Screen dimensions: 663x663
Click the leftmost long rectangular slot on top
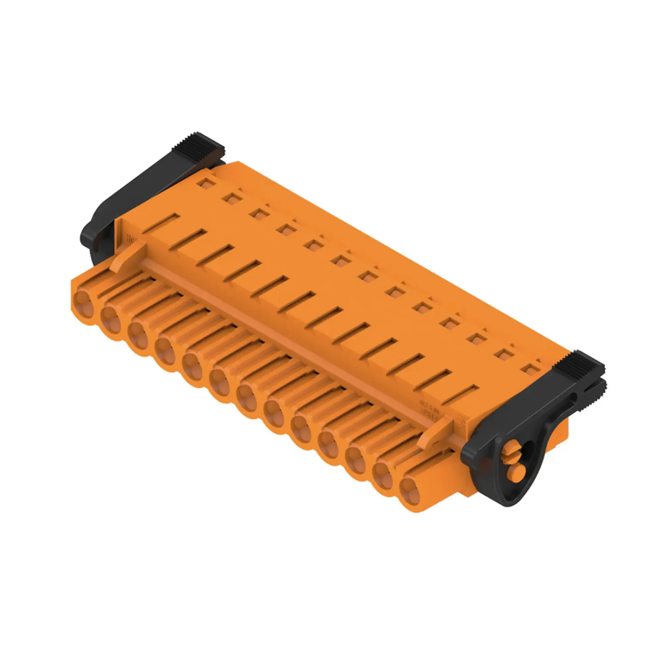(x=161, y=223)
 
